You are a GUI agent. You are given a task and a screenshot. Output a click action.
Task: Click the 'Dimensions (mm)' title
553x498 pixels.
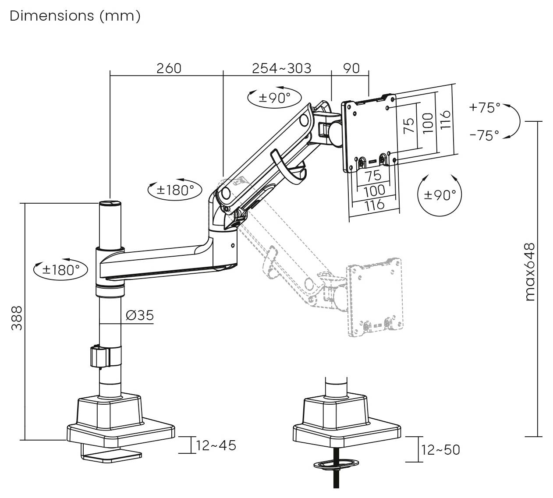point(75,16)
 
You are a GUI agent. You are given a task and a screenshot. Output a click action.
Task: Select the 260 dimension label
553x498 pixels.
point(169,68)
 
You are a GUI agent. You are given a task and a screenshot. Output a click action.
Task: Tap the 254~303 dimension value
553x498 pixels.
point(281,68)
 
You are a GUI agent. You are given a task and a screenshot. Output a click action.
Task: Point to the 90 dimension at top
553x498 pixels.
point(351,68)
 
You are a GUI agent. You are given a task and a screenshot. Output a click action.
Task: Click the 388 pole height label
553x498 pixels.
point(17,318)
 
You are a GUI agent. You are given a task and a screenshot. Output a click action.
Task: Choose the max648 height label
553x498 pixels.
point(530,272)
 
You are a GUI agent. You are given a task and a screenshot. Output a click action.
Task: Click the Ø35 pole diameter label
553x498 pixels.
point(139,315)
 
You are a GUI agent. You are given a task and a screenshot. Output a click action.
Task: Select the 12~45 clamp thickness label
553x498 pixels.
point(216,445)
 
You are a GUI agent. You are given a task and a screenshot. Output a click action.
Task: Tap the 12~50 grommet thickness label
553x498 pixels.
point(440,450)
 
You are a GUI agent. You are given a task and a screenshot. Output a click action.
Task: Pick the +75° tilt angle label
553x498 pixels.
point(484,108)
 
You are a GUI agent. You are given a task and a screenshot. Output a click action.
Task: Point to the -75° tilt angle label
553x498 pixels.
point(484,135)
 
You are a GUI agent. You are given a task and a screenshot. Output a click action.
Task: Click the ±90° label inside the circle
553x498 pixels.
point(440,195)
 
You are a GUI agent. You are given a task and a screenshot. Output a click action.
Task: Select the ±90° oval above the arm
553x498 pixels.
point(274,98)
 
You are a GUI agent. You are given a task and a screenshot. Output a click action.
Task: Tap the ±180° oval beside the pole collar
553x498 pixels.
point(60,269)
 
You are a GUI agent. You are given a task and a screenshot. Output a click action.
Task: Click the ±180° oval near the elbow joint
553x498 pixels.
point(175,190)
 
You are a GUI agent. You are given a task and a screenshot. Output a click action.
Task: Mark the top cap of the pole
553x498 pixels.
point(110,203)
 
